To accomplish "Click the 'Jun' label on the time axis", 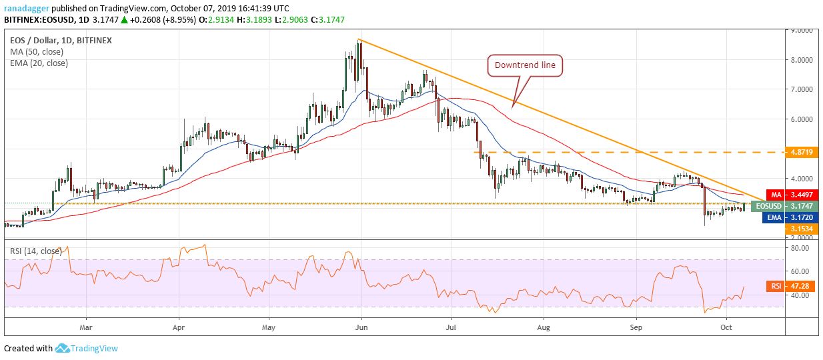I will pos(360,328).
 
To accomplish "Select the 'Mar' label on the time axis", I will pos(85,328).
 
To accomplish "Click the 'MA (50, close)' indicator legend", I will pos(37,52).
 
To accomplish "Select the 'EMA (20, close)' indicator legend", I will pos(39,63).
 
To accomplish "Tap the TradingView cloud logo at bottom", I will pos(63,348).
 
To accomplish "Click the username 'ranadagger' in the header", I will pos(27,7).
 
